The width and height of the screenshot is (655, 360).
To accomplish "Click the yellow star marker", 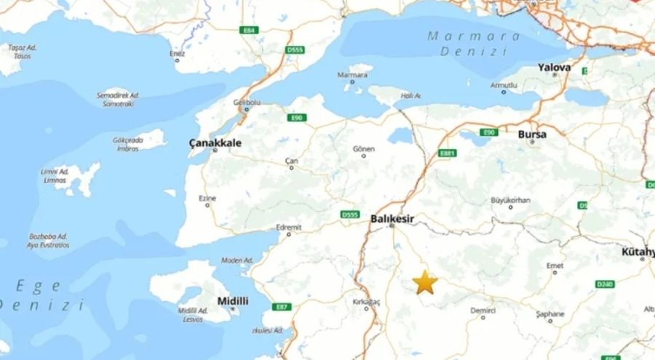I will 424,282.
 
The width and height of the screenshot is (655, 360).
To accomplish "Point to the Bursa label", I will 531,134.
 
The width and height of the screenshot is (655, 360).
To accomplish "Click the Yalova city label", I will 554,68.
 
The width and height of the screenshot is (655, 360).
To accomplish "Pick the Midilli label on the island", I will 233,300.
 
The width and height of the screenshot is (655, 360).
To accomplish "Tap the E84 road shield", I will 250,30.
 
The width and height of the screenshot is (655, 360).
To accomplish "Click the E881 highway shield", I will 447,153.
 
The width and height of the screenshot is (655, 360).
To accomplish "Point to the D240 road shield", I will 605,284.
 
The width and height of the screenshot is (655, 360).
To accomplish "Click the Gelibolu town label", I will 246,103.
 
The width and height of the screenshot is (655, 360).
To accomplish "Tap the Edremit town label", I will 289,228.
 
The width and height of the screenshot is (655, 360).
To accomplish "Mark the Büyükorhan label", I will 510,199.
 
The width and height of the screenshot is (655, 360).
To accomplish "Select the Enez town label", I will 178,53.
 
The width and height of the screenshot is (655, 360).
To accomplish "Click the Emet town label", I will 556,265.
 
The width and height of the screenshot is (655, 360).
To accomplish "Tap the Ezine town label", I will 207,198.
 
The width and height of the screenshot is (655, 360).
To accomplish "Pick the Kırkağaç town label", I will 367,301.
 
